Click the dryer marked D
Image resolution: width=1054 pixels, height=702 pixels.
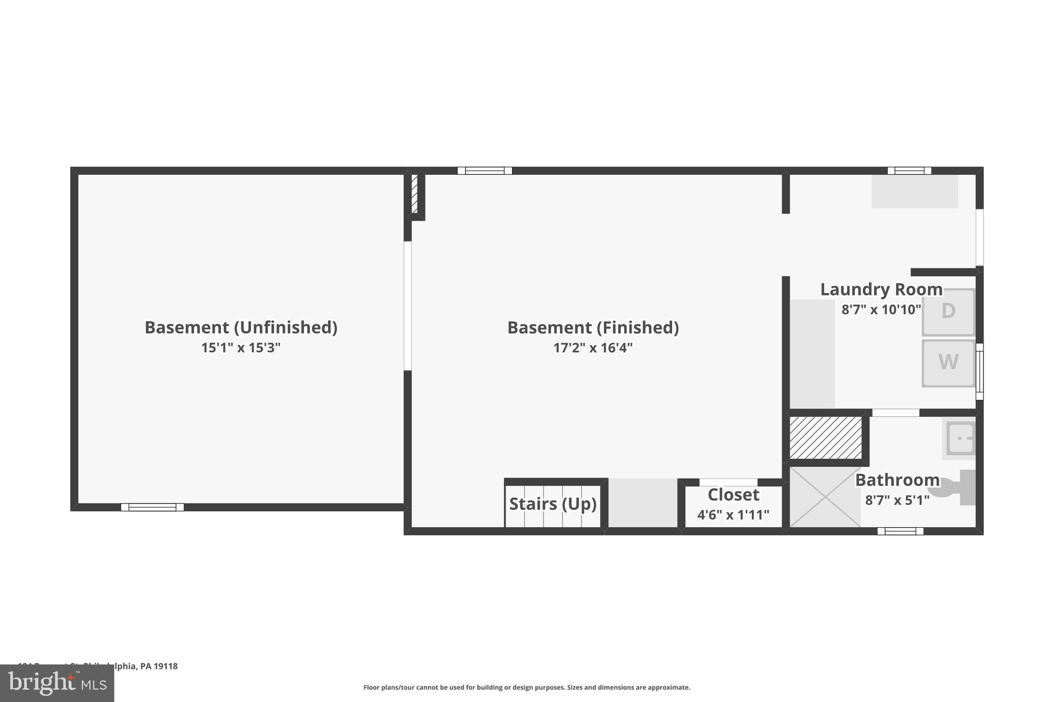coord(948,312)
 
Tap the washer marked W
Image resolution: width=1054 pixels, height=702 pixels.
coord(948,363)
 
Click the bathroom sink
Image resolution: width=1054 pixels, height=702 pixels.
coord(960,439)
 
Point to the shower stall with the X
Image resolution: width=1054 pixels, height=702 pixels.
coord(825,497)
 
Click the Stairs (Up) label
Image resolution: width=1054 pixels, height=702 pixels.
coord(553,503)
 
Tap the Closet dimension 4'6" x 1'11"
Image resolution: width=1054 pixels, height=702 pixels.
coord(733,515)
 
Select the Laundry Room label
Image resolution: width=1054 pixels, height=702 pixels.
coord(881,290)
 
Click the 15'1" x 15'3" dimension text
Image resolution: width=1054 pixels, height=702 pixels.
coord(240,348)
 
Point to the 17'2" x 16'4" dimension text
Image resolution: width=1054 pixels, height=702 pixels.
coord(592,348)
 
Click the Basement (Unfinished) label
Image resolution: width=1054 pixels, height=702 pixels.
coord(240,328)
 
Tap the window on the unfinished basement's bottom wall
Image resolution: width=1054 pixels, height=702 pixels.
coord(152,507)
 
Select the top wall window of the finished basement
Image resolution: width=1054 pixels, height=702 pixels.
coord(484,171)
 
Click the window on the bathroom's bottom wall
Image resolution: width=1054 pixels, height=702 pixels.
coord(900,531)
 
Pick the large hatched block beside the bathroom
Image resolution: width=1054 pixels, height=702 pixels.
coord(825,438)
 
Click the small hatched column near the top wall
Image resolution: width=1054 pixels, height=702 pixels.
coord(414,194)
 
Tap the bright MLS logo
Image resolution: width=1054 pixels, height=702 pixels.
coord(57,683)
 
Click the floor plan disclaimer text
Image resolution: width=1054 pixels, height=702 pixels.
coord(526,688)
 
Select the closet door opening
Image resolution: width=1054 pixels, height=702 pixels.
coord(728,482)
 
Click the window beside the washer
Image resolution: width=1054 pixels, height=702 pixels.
coord(979,372)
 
